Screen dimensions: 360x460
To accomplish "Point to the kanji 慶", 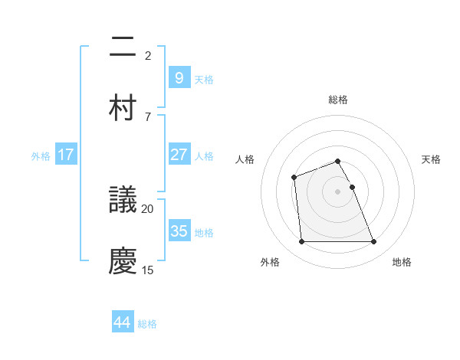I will (123, 260).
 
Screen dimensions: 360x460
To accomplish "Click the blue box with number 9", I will (179, 77).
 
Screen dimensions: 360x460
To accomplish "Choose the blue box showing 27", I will (179, 155).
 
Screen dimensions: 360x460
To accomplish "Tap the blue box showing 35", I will (179, 231).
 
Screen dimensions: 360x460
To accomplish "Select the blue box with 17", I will (66, 155).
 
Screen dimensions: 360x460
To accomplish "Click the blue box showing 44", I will (123, 322).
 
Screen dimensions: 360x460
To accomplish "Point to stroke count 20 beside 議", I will (148, 208).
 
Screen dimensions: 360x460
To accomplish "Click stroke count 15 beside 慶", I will (148, 269).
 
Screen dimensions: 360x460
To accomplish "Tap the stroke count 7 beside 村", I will (148, 116).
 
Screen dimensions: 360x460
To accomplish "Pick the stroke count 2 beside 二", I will (148, 55).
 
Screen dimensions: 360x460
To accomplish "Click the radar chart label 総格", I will (338, 100).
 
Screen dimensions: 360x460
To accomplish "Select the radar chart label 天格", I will (432, 159).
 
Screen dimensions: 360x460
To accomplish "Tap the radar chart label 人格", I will (245, 159).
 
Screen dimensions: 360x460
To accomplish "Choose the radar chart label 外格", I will (270, 262).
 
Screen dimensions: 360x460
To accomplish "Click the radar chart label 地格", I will (402, 262).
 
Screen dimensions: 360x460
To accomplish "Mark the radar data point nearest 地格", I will (373, 242).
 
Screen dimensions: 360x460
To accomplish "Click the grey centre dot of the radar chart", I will (338, 191).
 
